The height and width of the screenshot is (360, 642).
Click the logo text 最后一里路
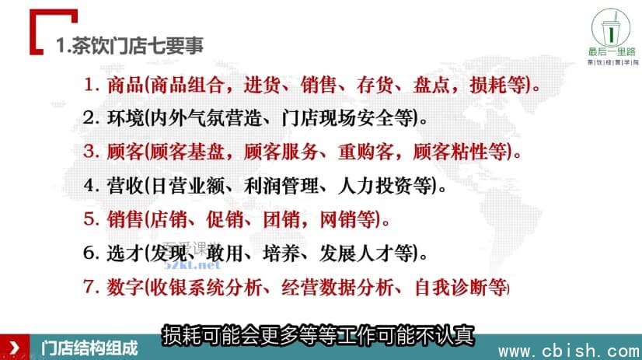[612, 51]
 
